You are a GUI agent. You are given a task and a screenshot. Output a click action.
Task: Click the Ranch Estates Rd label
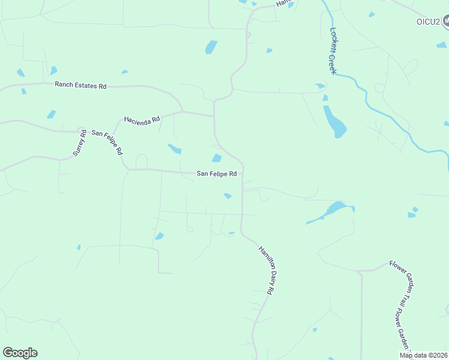[x=80, y=86]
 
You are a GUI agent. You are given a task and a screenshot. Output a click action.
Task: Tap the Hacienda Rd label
[x=142, y=119]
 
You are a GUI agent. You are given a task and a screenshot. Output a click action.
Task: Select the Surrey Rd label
[x=80, y=143]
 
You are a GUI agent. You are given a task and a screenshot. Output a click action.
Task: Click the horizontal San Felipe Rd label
[x=217, y=174]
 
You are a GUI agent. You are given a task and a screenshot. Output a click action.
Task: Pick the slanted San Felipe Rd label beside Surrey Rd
[x=107, y=142]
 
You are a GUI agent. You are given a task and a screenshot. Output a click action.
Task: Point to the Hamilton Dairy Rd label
[x=266, y=269]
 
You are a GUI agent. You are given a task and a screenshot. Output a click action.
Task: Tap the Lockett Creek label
[x=333, y=50]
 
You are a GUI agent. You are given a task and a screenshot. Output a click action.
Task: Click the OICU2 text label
[x=420, y=22]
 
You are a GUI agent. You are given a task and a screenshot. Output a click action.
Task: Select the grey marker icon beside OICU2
[x=445, y=22]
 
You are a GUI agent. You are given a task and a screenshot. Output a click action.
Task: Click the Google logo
[x=20, y=353]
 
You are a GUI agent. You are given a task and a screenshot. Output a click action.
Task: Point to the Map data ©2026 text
[x=423, y=355]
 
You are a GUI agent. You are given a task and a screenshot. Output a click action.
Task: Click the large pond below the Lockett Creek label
[x=335, y=122]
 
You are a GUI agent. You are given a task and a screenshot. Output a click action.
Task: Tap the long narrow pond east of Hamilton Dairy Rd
[x=330, y=212]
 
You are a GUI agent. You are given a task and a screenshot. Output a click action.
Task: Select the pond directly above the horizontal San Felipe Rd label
[x=217, y=158]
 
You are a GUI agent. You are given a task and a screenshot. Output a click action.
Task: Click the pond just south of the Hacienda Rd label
[x=175, y=149]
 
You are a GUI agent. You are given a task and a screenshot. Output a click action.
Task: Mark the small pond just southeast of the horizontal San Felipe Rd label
[x=228, y=196]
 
